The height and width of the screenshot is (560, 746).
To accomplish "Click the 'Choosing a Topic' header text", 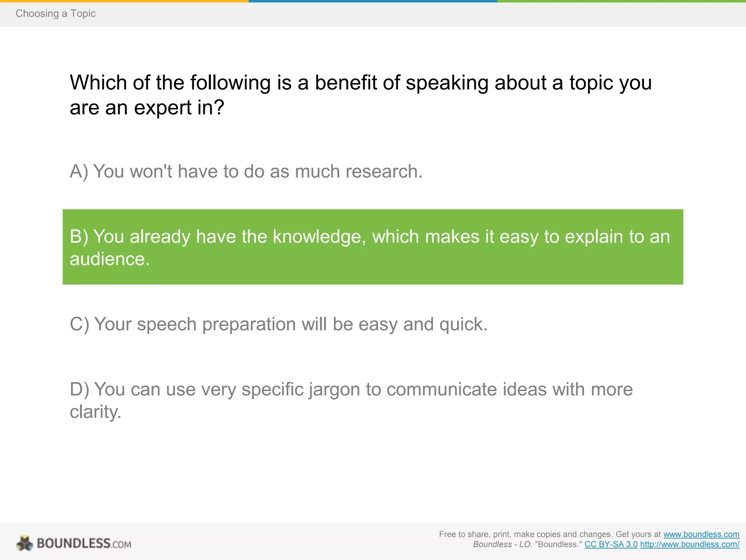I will (55, 13).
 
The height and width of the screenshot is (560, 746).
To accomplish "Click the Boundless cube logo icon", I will (24, 543).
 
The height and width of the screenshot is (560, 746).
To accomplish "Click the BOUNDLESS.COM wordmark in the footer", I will (84, 544).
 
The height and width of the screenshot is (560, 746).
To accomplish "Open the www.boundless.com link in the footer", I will (701, 534).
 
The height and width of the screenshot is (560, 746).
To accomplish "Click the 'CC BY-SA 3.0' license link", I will (611, 544).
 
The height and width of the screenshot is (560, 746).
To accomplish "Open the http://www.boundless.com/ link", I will (690, 544).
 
